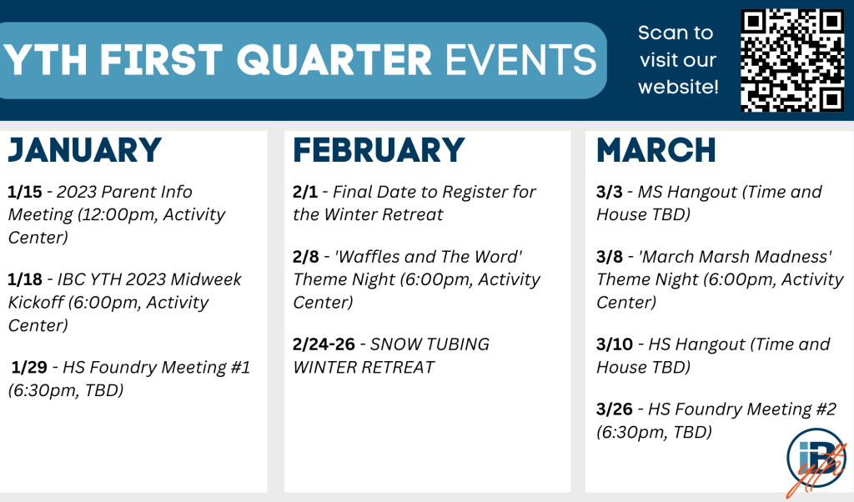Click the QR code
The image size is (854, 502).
click(x=792, y=60)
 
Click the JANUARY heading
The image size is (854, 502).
click(x=84, y=151)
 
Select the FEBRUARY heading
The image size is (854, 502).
click(x=379, y=150)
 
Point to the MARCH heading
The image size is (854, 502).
click(x=656, y=150)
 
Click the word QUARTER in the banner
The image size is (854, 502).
click(x=334, y=60)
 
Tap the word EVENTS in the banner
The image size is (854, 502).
click(x=521, y=60)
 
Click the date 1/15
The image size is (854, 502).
click(x=25, y=192)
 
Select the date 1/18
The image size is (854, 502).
click(x=25, y=279)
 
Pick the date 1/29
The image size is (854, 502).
click(x=29, y=367)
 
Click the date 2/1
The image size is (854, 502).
click(x=305, y=192)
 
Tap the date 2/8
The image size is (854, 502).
click(x=306, y=257)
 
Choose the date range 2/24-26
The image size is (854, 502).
click(x=324, y=344)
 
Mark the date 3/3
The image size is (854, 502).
click(x=610, y=192)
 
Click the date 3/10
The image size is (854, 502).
click(x=615, y=344)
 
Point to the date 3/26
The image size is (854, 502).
click(x=615, y=409)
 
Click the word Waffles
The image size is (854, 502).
click(x=368, y=257)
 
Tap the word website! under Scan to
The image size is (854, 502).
click(x=679, y=87)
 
